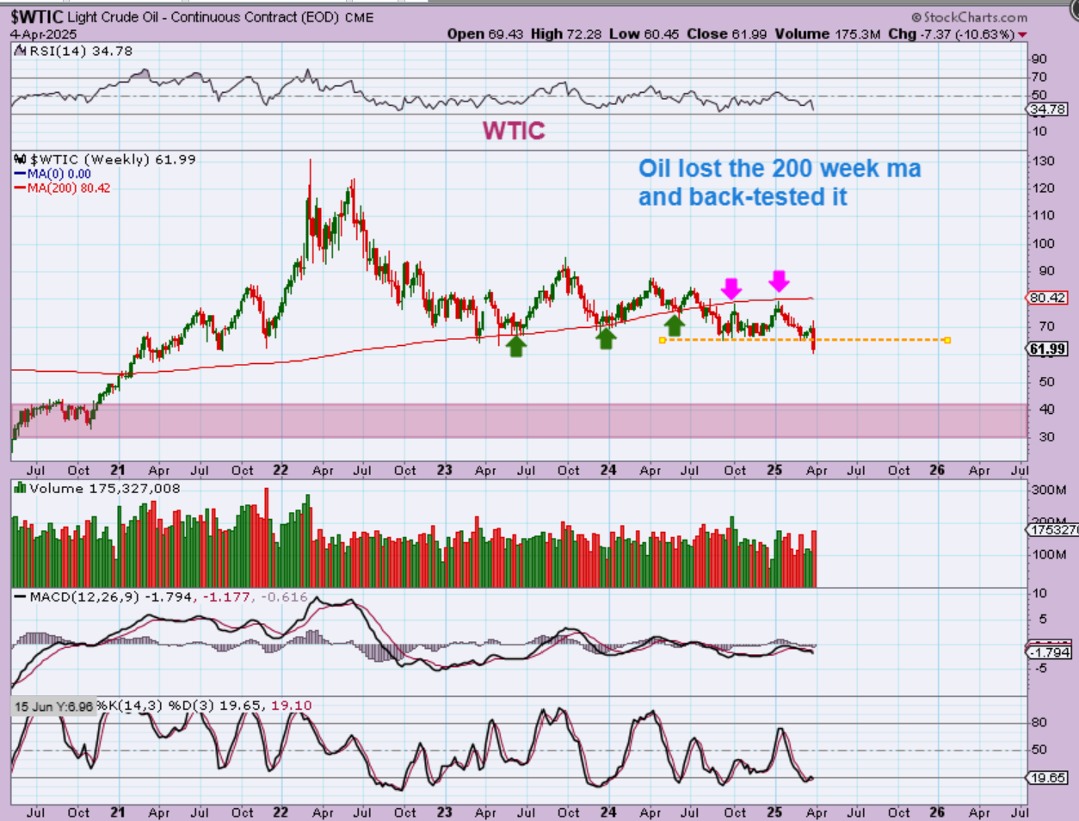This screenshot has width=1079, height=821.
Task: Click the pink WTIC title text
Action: tap(514, 130)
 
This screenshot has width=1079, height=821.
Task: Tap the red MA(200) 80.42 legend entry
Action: tap(69, 188)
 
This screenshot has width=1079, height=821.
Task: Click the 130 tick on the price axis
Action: tap(1044, 161)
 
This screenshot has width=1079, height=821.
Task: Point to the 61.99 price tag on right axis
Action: tap(1047, 349)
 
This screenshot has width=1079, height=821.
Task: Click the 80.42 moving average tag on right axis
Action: tap(1047, 298)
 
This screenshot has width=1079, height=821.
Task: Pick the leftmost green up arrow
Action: tap(515, 346)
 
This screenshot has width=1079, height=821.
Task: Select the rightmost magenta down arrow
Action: tap(779, 281)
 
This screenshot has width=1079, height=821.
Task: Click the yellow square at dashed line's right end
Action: tap(947, 340)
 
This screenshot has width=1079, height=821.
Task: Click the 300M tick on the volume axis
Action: tap(1049, 490)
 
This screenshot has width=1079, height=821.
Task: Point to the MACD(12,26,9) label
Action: tap(83, 596)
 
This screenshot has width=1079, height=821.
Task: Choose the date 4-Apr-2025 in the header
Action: tap(44, 34)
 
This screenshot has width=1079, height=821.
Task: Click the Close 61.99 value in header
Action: tap(718, 34)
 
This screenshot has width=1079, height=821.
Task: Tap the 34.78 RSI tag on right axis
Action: tap(1047, 109)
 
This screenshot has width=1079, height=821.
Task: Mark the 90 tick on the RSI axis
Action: tap(1039, 59)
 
